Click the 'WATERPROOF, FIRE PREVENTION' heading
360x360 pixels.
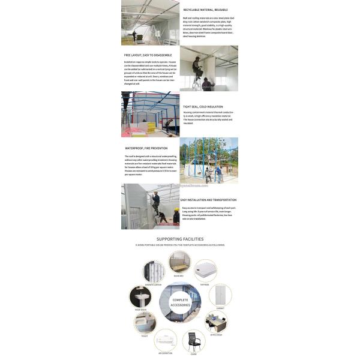click(146, 148)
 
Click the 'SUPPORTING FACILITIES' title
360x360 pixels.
click(180, 239)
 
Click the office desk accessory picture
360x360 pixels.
click(215, 321)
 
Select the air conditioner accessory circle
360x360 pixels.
click(166, 340)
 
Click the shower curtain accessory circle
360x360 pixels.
click(154, 272)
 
